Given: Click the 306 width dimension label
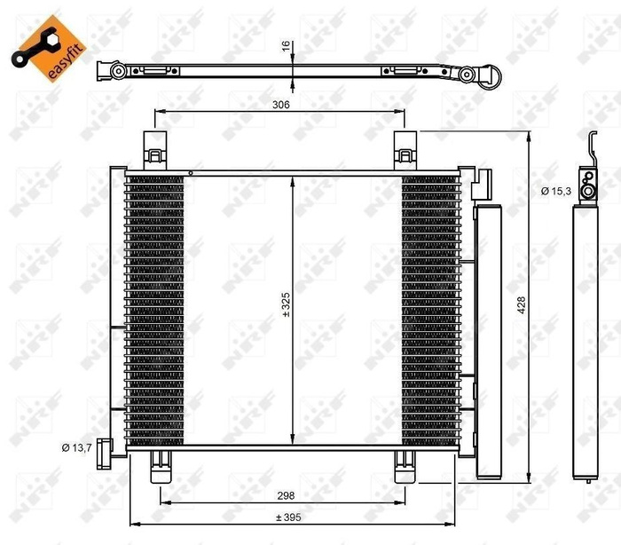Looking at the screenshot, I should (x=281, y=104).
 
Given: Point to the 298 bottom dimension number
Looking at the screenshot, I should (x=286, y=496).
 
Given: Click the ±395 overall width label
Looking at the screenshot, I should (x=286, y=517).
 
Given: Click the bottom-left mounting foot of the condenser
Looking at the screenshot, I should (x=161, y=461).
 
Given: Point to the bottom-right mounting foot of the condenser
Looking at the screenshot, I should (x=405, y=461).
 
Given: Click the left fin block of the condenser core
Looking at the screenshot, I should (x=154, y=306).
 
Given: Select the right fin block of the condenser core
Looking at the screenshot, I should (x=431, y=306).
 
